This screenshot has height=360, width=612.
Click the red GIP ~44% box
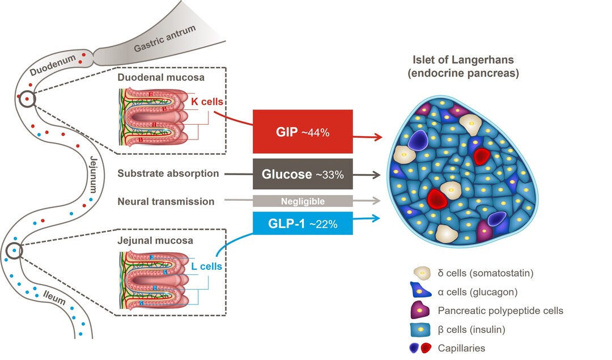(x=303, y=132)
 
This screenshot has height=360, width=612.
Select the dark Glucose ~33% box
(x=303, y=174)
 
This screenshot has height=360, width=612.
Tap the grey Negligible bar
(x=303, y=201)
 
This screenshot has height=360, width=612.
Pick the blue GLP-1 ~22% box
(x=303, y=223)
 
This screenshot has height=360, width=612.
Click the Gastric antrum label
(x=164, y=40)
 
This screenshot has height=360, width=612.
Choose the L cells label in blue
(x=206, y=265)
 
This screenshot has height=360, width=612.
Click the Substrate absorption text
(x=168, y=173)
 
